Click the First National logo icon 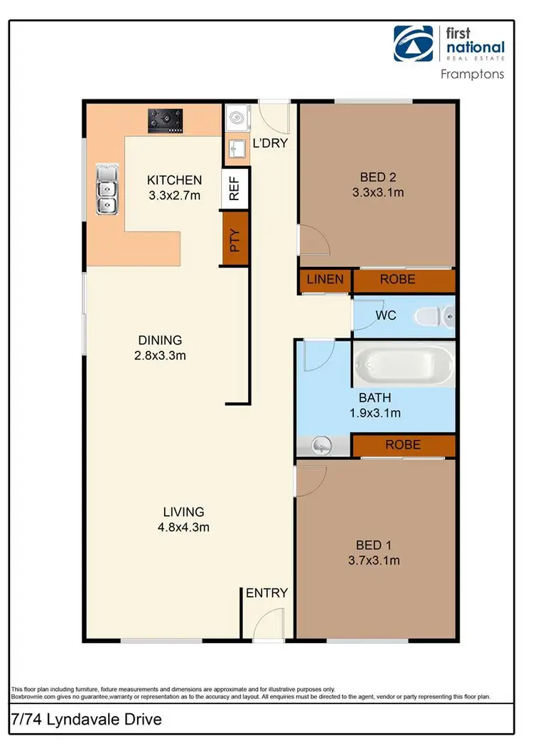(416, 45)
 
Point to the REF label (235, 189)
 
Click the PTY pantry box (235, 243)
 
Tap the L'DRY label (269, 145)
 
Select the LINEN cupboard (325, 280)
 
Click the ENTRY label (266, 593)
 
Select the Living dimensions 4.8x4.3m (184, 527)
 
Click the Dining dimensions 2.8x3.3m (161, 356)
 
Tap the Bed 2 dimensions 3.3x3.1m (378, 192)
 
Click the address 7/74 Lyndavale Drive (87, 720)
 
